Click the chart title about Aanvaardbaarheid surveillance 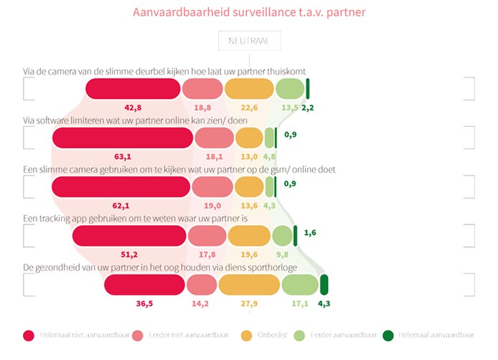(x=248, y=12)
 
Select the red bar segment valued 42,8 (x=133, y=88)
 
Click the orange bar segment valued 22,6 (x=248, y=88)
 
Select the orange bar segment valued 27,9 (x=248, y=285)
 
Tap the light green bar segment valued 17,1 (x=299, y=285)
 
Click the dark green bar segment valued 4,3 (x=324, y=285)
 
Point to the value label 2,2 (x=309, y=108)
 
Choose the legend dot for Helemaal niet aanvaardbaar (x=29, y=335)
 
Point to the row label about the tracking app (x=135, y=218)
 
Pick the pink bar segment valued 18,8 (x=202, y=88)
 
